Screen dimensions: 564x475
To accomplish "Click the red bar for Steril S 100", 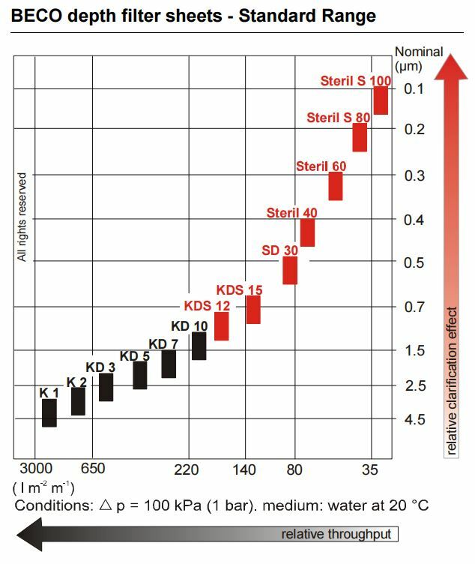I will pos(381,100).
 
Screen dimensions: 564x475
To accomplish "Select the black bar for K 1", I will pos(49,412).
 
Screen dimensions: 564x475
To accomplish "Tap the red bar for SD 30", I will pos(290,270).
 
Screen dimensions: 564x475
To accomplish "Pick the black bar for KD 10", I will pos(199,346).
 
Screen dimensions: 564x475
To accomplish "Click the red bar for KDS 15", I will pos(253,309).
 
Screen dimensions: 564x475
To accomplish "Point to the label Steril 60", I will pos(321,166).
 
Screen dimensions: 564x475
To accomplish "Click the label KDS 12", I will pos(207,305).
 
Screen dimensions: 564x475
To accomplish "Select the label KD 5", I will pos(135,355).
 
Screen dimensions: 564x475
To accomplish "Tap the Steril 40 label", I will pos(291,213).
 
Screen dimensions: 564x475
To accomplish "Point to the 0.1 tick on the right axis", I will pos(414,89).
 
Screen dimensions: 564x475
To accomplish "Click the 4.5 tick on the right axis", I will pos(414,419).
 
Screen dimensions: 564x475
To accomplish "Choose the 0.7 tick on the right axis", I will pos(414,307).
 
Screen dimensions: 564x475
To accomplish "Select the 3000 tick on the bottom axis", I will pos(35,470).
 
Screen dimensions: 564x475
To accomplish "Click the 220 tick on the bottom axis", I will pos(186,470).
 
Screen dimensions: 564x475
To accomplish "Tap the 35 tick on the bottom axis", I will pos(369,470).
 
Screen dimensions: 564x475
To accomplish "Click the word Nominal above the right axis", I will pos(419,52).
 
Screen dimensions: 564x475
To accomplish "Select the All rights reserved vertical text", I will pos(22,217).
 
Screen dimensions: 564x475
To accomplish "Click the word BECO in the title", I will pos(37,15).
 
